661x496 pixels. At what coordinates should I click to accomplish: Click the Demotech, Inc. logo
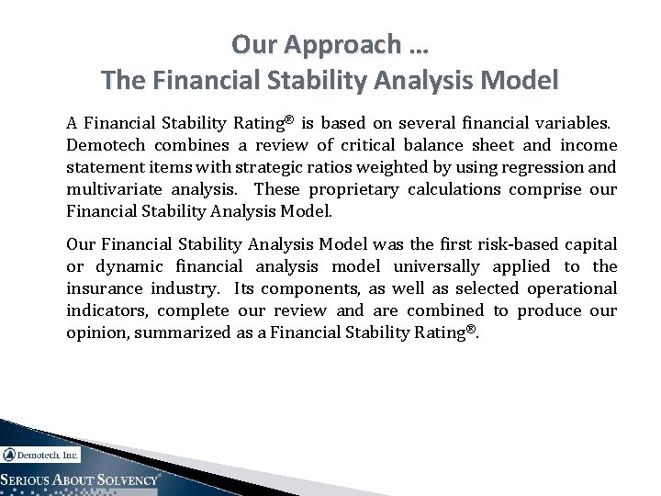(x=41, y=454)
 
